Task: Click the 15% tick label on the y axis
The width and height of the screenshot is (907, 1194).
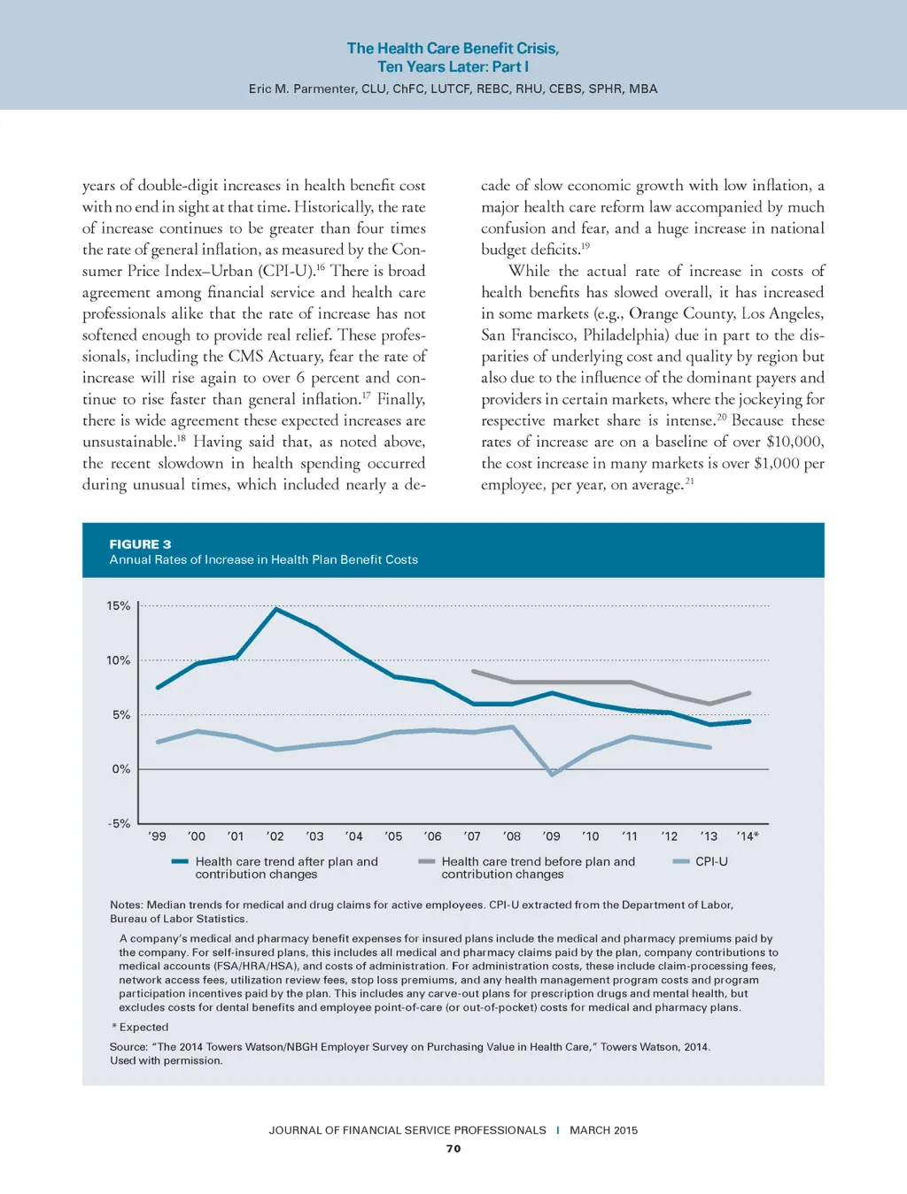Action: point(118,606)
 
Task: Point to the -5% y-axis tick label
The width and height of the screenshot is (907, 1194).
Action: point(119,823)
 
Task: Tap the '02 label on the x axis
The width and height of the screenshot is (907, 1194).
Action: point(275,836)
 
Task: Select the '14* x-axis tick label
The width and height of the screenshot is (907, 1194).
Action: point(747,836)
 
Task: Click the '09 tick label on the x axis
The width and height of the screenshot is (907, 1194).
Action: point(551,836)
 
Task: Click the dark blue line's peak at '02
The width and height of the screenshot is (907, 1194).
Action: point(276,609)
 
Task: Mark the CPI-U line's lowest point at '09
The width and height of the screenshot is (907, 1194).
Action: point(552,774)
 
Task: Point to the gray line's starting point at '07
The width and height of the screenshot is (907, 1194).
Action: point(473,671)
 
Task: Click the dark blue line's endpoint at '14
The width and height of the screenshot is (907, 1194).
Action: point(749,721)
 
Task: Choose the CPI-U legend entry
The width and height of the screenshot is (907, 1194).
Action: point(711,861)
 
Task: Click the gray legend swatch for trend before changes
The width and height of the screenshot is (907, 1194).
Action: point(426,861)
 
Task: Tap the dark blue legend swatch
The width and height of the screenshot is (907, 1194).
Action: point(180,861)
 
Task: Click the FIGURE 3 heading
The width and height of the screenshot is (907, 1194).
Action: point(140,544)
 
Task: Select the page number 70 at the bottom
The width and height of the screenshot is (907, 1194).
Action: point(453,1149)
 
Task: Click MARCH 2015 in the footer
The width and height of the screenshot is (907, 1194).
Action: point(603,1130)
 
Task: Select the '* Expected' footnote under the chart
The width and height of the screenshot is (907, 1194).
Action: point(140,1028)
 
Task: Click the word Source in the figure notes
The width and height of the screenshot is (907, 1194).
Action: point(128,1047)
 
